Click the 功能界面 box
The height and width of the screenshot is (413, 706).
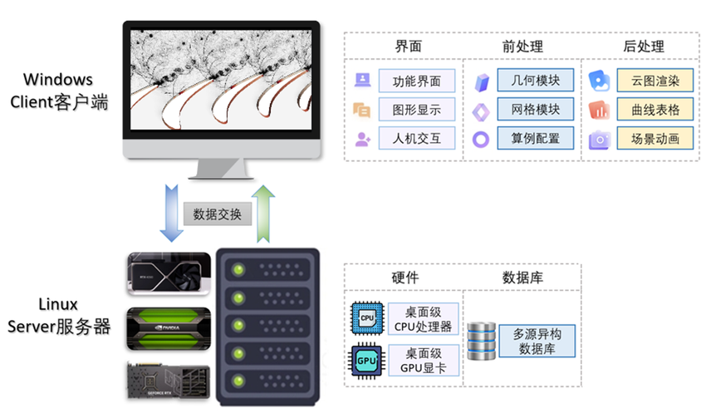(417, 81)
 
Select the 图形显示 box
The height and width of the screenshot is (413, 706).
(417, 109)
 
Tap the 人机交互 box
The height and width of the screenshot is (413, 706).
(417, 138)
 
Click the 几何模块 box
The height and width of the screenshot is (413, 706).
(537, 81)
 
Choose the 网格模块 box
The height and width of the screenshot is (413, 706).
(537, 109)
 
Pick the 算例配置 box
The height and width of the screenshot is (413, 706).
(537, 138)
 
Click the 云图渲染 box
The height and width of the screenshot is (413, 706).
(655, 81)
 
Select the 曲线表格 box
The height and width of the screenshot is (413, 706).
(655, 109)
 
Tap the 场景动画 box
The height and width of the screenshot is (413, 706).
(655, 138)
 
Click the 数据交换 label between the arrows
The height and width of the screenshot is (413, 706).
(217, 214)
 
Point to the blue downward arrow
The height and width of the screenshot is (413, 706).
(171, 213)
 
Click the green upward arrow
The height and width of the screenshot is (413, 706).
(264, 213)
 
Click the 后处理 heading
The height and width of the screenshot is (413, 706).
(643, 47)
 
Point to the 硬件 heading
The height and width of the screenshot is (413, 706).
(404, 277)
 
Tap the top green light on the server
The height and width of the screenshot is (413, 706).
(240, 268)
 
